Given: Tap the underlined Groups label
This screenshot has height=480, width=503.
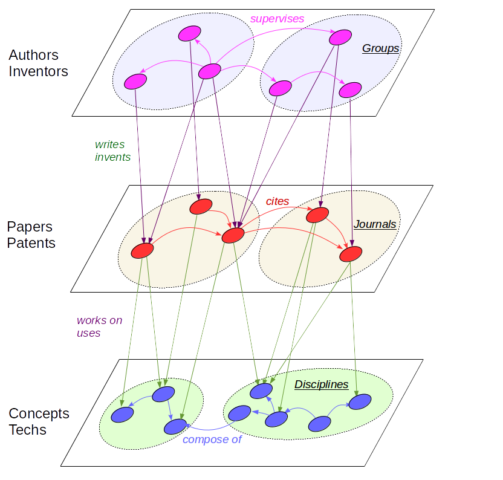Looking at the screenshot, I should [x=380, y=48].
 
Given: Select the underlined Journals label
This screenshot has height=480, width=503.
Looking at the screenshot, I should [x=375, y=224].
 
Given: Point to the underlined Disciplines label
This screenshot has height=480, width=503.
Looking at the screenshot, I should [x=321, y=384].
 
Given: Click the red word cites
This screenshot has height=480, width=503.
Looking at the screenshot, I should [x=277, y=201].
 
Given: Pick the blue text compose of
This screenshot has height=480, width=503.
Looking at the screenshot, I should [x=212, y=439].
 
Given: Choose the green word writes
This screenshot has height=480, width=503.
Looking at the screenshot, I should [x=109, y=145].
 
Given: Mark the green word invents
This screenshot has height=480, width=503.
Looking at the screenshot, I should [x=112, y=157].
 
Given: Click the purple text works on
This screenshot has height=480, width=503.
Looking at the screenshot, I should [x=99, y=320].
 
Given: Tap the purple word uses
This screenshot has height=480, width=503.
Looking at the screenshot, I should [x=88, y=333].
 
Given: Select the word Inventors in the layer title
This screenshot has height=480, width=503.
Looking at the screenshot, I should [x=38, y=71].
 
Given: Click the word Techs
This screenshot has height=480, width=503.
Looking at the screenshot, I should [x=27, y=430].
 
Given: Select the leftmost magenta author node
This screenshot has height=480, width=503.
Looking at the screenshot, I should [x=135, y=82].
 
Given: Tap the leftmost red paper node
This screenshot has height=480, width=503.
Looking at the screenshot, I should [x=143, y=251].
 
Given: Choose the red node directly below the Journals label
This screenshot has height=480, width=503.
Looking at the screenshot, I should [x=351, y=254].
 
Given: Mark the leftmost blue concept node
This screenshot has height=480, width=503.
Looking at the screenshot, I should [x=122, y=415].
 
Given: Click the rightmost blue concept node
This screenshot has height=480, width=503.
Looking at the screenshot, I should [x=360, y=401].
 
